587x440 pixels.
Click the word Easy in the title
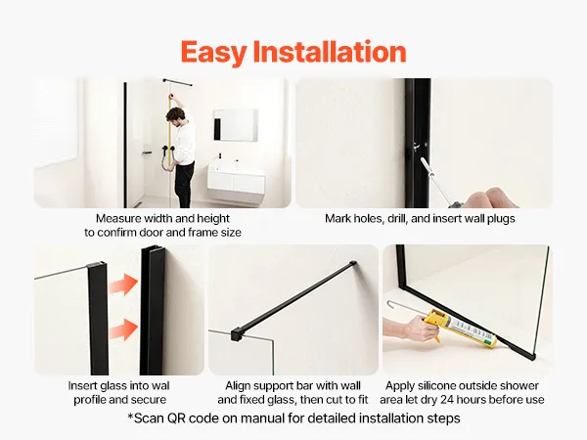coord(213,53)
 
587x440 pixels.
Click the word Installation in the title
coord(330,51)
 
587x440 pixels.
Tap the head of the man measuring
coord(174,116)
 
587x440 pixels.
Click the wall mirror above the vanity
coord(236,125)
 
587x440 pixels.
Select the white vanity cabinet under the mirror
coord(236,184)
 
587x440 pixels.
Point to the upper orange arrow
coord(123,285)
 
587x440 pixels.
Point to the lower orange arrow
coord(123,330)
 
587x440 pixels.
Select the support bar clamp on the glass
coord(236,333)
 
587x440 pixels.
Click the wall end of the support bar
coord(352,263)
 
